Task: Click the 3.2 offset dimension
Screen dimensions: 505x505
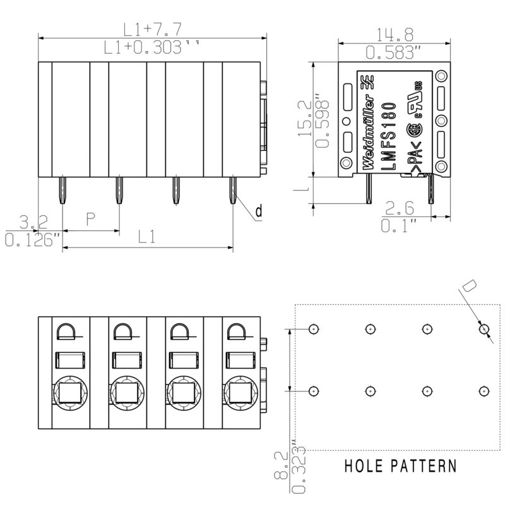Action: pyautogui.click(x=33, y=222)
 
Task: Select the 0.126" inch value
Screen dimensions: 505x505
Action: pyautogui.click(x=32, y=239)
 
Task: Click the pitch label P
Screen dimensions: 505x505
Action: pyautogui.click(x=90, y=220)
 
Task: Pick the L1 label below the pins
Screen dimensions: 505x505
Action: pyautogui.click(x=147, y=237)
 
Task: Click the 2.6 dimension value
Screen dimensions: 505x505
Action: pyautogui.click(x=400, y=208)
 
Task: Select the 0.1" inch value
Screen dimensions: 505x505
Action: pyautogui.click(x=400, y=225)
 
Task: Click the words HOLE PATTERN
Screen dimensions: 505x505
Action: pyautogui.click(x=400, y=467)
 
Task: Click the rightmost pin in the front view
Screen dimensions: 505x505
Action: pyautogui.click(x=232, y=189)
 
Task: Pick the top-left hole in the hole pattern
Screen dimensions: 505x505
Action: pyautogui.click(x=314, y=329)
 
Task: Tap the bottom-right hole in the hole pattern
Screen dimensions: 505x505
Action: pyautogui.click(x=484, y=391)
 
